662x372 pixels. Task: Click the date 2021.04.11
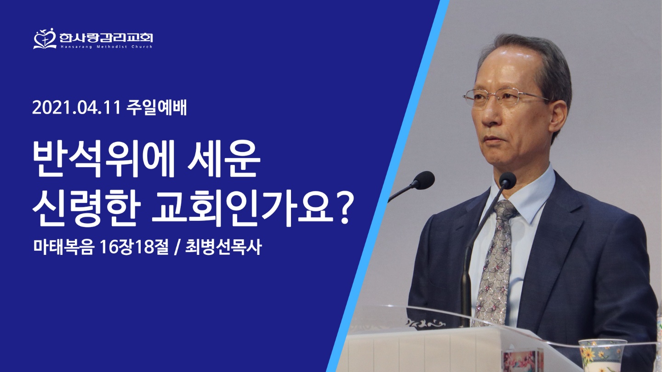(x=76, y=108)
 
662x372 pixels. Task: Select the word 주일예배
(x=157, y=108)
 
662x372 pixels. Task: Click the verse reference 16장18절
(x=134, y=247)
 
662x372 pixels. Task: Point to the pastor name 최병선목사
(x=223, y=247)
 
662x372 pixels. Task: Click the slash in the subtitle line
(x=177, y=248)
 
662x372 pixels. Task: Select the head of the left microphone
(x=424, y=180)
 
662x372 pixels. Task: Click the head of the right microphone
(x=508, y=180)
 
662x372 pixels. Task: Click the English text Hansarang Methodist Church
(x=106, y=47)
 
